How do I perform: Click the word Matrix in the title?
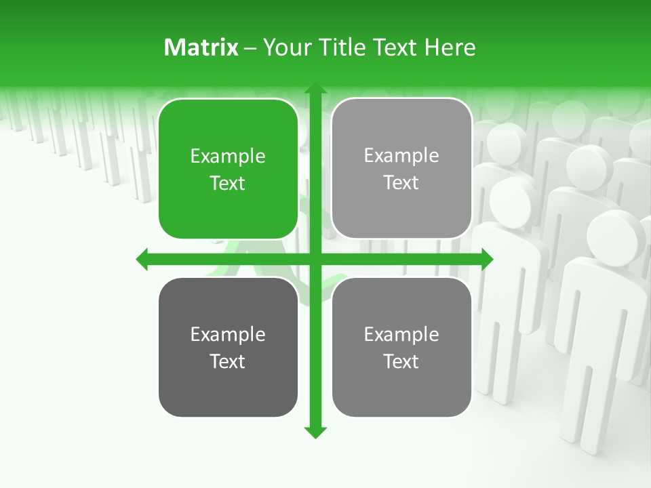201,47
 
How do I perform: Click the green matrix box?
228,169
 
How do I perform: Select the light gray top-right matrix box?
401,169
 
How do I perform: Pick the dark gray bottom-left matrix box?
228,347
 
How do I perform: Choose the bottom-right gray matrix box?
401,347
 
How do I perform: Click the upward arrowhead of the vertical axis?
315,89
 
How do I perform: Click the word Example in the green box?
228,157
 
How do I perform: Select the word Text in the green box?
228,184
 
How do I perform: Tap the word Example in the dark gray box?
228,335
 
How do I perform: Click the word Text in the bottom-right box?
401,361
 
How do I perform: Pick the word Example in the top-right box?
401,156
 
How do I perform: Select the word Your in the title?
282,47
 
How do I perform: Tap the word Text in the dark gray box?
228,361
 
